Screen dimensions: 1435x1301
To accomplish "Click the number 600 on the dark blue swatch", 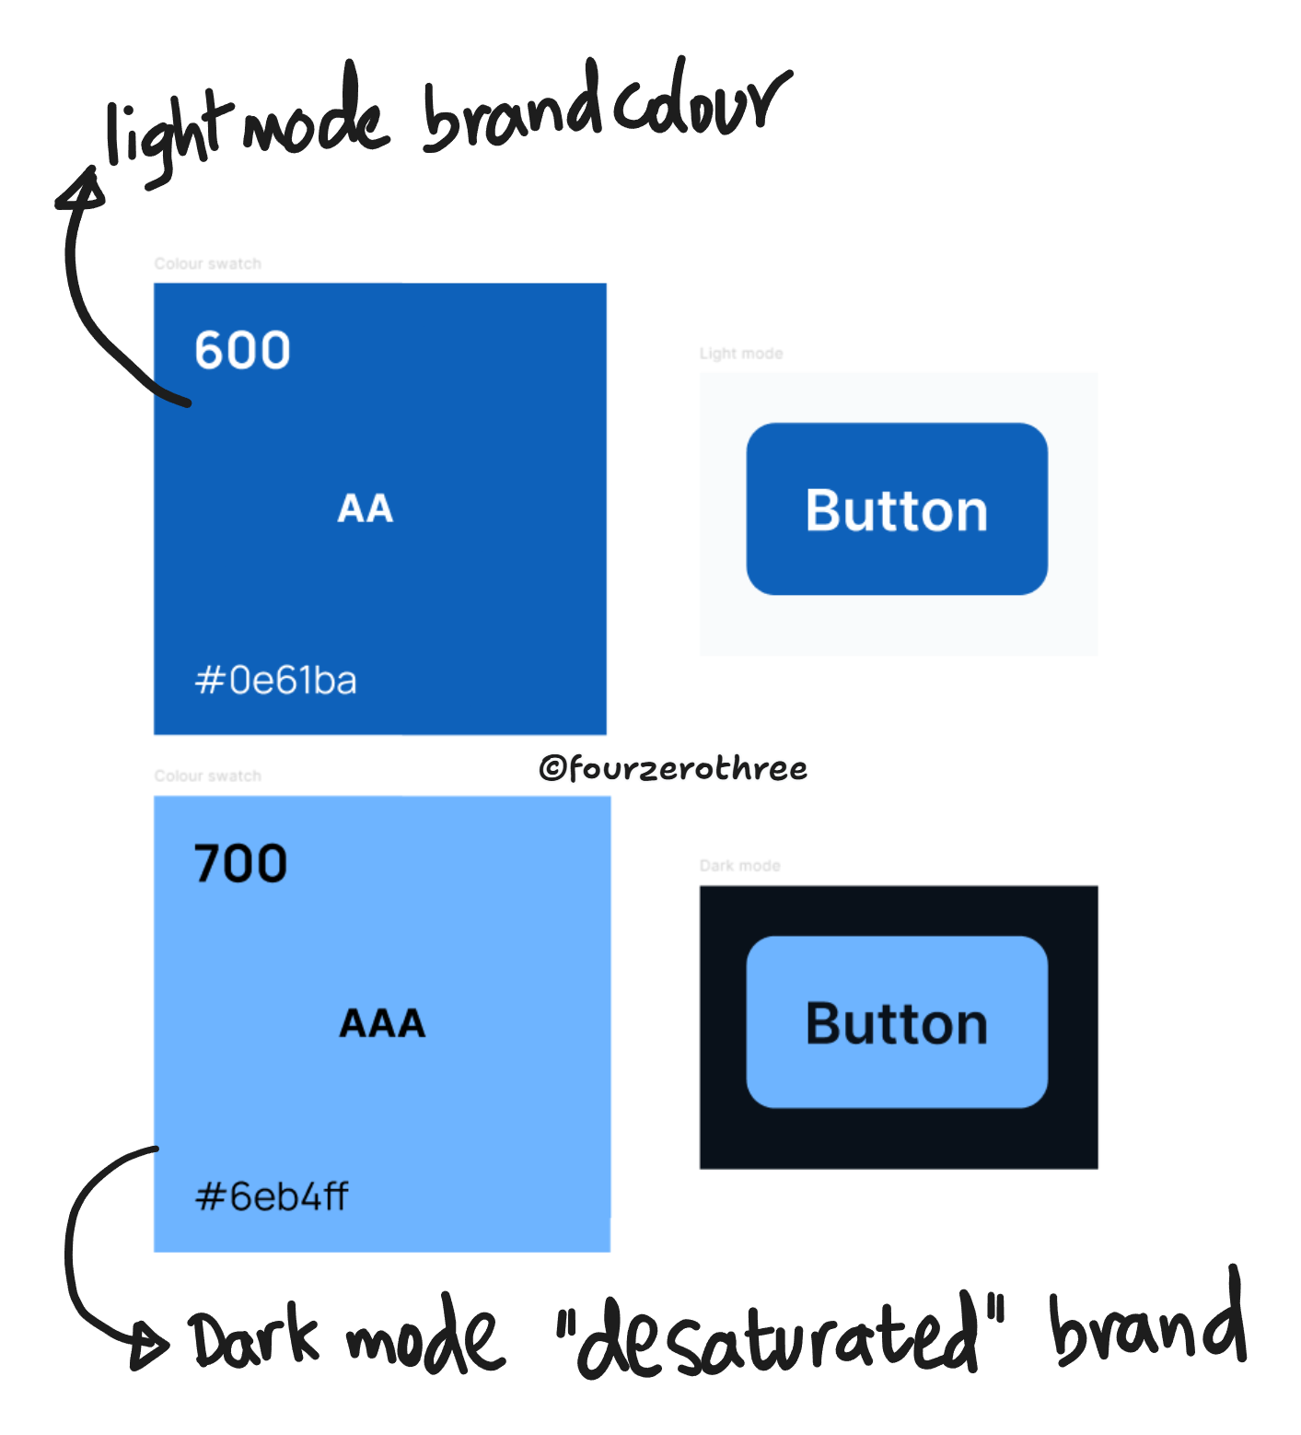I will click(242, 350).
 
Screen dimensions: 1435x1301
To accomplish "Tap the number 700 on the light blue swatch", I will click(240, 864).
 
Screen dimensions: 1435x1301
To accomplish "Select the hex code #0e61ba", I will click(275, 681).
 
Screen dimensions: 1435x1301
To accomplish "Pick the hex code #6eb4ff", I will click(272, 1196).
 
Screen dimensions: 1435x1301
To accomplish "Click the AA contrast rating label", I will click(366, 508).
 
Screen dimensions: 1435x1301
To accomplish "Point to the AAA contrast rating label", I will click(382, 1023).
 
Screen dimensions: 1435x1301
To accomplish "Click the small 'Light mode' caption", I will click(741, 354).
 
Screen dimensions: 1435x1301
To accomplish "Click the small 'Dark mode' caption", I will click(740, 866).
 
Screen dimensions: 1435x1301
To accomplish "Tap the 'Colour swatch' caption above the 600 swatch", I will click(207, 264).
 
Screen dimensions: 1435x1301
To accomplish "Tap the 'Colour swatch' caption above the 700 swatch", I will click(207, 776).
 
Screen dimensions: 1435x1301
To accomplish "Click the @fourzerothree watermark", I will click(673, 768).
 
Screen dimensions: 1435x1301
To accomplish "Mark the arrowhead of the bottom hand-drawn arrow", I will click(149, 1345).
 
